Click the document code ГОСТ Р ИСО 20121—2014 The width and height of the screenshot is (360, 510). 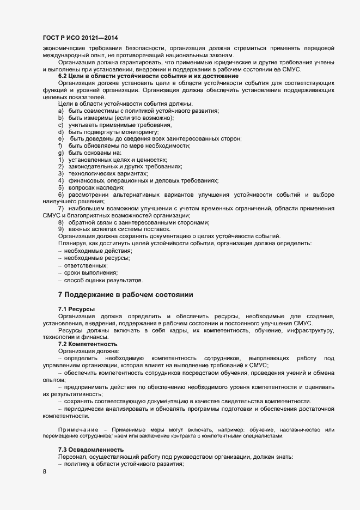tap(80, 38)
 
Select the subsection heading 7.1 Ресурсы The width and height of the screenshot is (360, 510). tap(76, 309)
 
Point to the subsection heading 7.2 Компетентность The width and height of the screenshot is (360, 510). tap(88, 344)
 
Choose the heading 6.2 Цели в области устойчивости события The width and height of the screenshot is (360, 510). tap(148, 76)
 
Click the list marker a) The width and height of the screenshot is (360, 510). tap(61, 111)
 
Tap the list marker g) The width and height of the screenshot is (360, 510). tap(61, 153)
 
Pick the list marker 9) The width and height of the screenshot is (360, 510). tap(61, 229)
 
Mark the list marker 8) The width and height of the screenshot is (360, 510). tap(61, 222)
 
